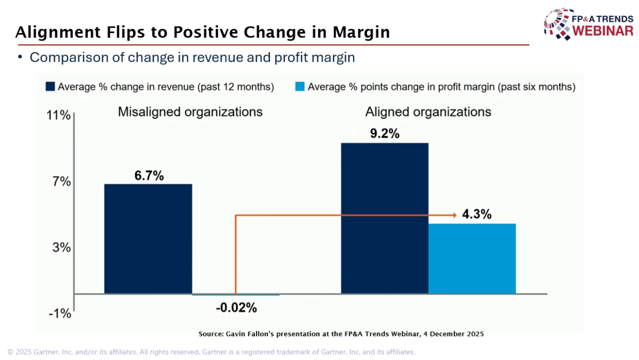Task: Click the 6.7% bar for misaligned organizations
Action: pyautogui.click(x=148, y=239)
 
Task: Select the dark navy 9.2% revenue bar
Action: pyautogui.click(x=384, y=218)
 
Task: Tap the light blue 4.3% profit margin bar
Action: pyautogui.click(x=472, y=258)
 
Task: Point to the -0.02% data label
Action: pyautogui.click(x=236, y=308)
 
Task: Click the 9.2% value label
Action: pyautogui.click(x=384, y=134)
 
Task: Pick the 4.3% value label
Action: pyautogui.click(x=477, y=215)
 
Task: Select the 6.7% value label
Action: pyautogui.click(x=149, y=176)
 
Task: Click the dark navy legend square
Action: pyautogui.click(x=51, y=86)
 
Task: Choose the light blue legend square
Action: pyautogui.click(x=300, y=86)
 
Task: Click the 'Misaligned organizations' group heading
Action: pyautogui.click(x=190, y=112)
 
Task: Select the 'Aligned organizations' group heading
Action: pyautogui.click(x=428, y=112)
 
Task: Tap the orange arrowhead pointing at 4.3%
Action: pyautogui.click(x=454, y=215)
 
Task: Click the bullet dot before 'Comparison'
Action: pyautogui.click(x=21, y=57)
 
